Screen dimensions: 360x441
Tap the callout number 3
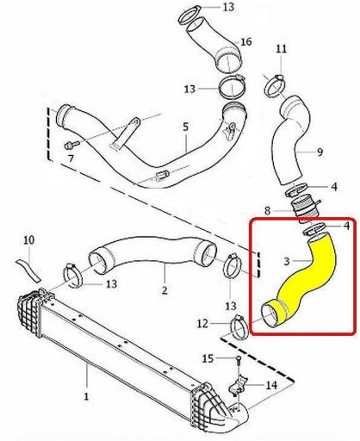click(287, 261)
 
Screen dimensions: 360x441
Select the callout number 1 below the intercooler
click(86, 396)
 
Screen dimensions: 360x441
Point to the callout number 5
click(186, 127)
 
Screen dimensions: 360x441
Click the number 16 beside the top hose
click(246, 41)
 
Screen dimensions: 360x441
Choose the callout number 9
click(320, 152)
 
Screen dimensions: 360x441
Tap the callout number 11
click(281, 48)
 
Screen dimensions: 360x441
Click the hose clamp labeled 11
click(275, 84)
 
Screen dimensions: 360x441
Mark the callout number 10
click(29, 239)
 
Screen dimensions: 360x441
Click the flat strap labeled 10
click(29, 270)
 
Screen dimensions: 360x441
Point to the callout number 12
click(202, 324)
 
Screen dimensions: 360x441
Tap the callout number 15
click(208, 358)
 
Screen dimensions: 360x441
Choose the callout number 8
click(267, 211)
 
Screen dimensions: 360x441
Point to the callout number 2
click(164, 290)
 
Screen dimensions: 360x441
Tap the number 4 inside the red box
click(347, 226)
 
